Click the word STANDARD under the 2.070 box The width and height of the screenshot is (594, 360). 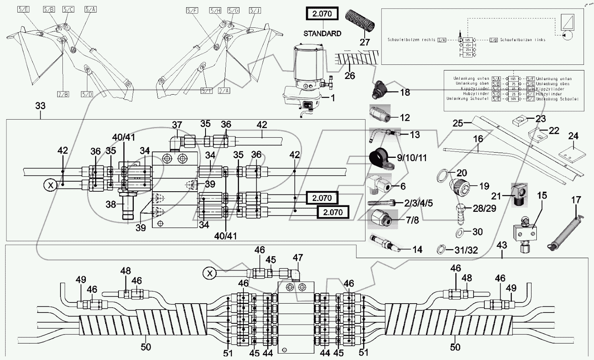pyautogui.click(x=322, y=33)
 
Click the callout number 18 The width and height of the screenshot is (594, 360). pyautogui.click(x=405, y=93)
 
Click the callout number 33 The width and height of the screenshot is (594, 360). pyautogui.click(x=40, y=106)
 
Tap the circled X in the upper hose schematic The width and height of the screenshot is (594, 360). pyautogui.click(x=50, y=186)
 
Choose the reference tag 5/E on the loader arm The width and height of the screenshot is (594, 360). pyautogui.click(x=23, y=9)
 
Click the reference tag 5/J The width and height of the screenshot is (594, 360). pyautogui.click(x=255, y=10)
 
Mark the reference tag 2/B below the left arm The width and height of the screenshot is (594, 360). pyautogui.click(x=63, y=94)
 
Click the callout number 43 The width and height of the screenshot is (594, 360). pyautogui.click(x=502, y=244)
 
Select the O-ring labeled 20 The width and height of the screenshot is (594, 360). pyautogui.click(x=442, y=176)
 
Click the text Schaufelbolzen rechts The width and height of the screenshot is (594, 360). pyautogui.click(x=411, y=40)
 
